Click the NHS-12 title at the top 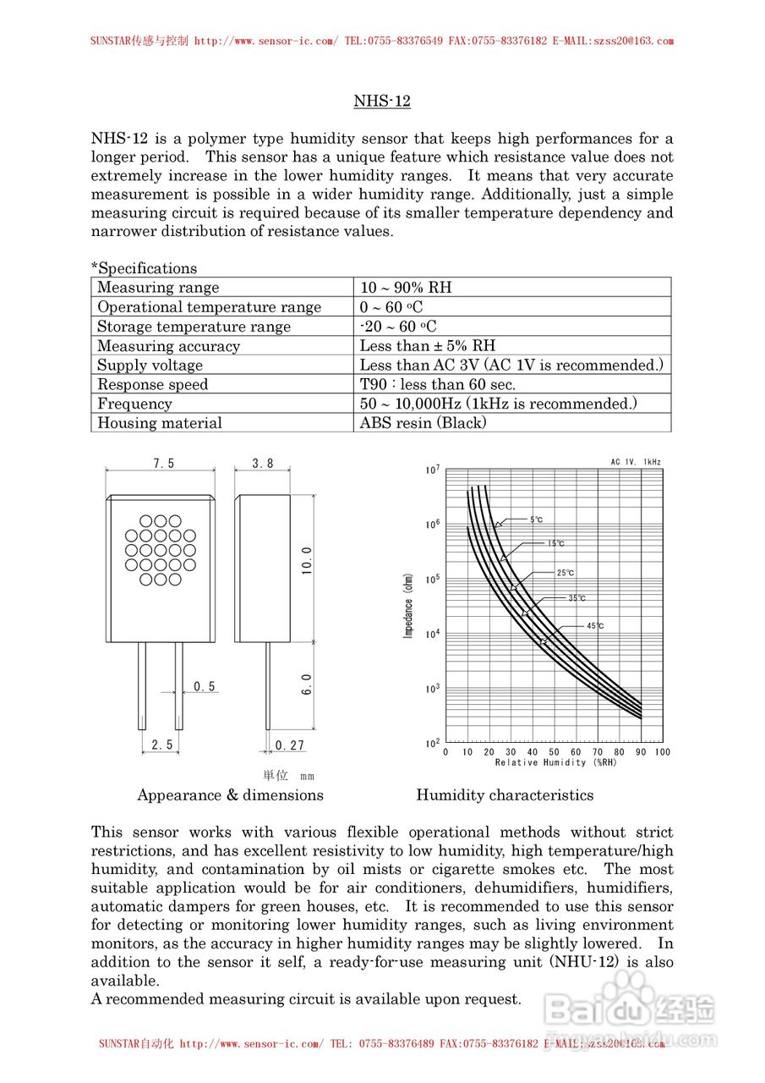pos(382,102)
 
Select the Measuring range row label pos(158,288)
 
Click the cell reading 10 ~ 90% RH pos(406,288)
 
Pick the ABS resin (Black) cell pos(423,423)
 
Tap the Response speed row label pos(152,385)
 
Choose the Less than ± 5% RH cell pos(428,346)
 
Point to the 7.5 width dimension pos(164,464)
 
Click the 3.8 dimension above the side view pos(263,464)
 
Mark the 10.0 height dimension pos(306,562)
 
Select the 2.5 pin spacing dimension pos(162,745)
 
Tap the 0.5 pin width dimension pos(205,687)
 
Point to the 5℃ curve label pos(537,520)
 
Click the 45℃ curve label pos(595,626)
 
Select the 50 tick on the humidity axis pos(554,752)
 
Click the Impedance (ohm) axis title pos(408,606)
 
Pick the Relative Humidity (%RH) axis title pos(555,763)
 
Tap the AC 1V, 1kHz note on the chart pos(636,463)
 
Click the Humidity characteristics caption pos(505,795)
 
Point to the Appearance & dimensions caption pos(230,795)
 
